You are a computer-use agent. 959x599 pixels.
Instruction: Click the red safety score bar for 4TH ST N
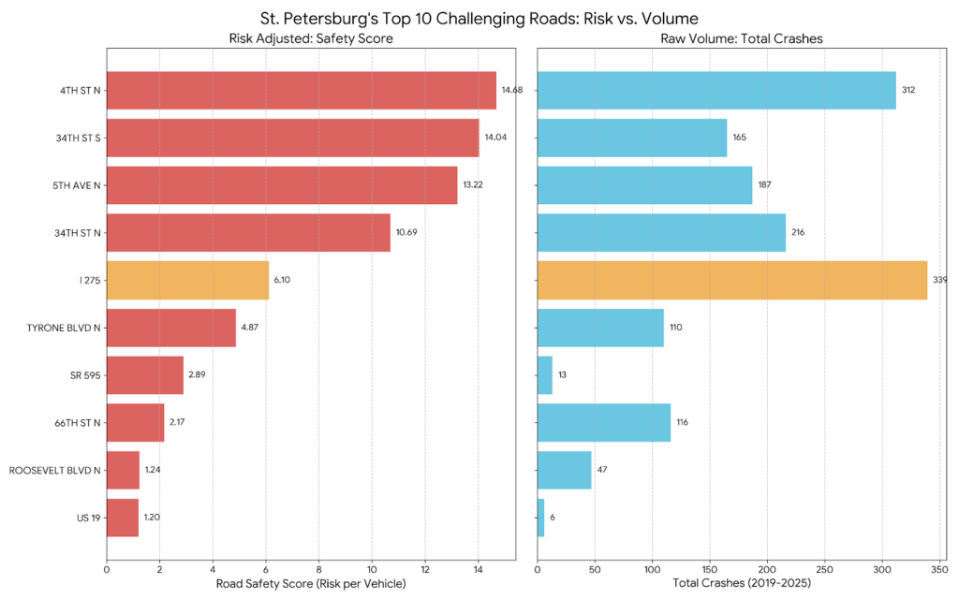(x=301, y=90)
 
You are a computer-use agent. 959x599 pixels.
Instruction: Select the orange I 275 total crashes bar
(x=731, y=280)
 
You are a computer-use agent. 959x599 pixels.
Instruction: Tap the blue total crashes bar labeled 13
(x=545, y=374)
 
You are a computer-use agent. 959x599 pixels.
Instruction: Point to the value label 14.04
(x=495, y=138)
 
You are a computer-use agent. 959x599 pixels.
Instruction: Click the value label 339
(x=939, y=280)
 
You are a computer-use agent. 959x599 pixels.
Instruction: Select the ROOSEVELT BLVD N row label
(x=54, y=470)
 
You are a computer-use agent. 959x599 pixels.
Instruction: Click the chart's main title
(x=479, y=18)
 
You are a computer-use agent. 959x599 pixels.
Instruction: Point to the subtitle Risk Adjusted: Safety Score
(x=310, y=39)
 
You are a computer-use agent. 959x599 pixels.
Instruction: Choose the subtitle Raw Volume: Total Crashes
(x=741, y=39)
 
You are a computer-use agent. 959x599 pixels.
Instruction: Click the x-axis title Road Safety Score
(x=310, y=584)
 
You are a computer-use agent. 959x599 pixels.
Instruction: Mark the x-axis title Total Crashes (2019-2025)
(x=741, y=584)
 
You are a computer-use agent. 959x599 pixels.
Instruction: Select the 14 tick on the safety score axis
(x=478, y=567)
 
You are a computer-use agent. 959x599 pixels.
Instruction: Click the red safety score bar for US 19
(x=123, y=518)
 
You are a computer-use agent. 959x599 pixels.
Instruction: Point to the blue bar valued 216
(x=661, y=232)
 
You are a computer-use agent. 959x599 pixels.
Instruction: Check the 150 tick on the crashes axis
(x=710, y=567)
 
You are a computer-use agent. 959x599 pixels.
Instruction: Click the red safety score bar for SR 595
(x=145, y=374)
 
